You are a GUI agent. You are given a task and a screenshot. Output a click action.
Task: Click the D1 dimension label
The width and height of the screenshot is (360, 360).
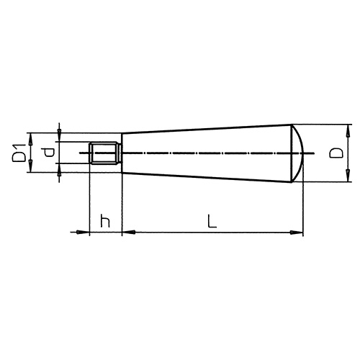(x=21, y=153)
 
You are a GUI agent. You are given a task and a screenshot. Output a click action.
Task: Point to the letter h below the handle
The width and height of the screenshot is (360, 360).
(x=105, y=222)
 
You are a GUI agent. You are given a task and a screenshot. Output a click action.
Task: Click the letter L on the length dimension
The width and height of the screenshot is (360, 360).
(x=210, y=221)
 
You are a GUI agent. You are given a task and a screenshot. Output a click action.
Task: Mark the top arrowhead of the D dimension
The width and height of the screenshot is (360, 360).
(x=349, y=129)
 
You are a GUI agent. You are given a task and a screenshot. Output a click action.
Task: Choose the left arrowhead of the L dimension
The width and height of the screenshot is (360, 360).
(x=127, y=232)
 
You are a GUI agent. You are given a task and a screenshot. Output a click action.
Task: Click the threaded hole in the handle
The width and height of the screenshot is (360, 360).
(x=105, y=153)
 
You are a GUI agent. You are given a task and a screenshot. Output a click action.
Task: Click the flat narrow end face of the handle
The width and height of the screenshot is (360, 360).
(x=121, y=153)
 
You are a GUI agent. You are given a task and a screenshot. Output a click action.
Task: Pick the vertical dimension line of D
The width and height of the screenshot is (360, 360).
(x=349, y=153)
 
